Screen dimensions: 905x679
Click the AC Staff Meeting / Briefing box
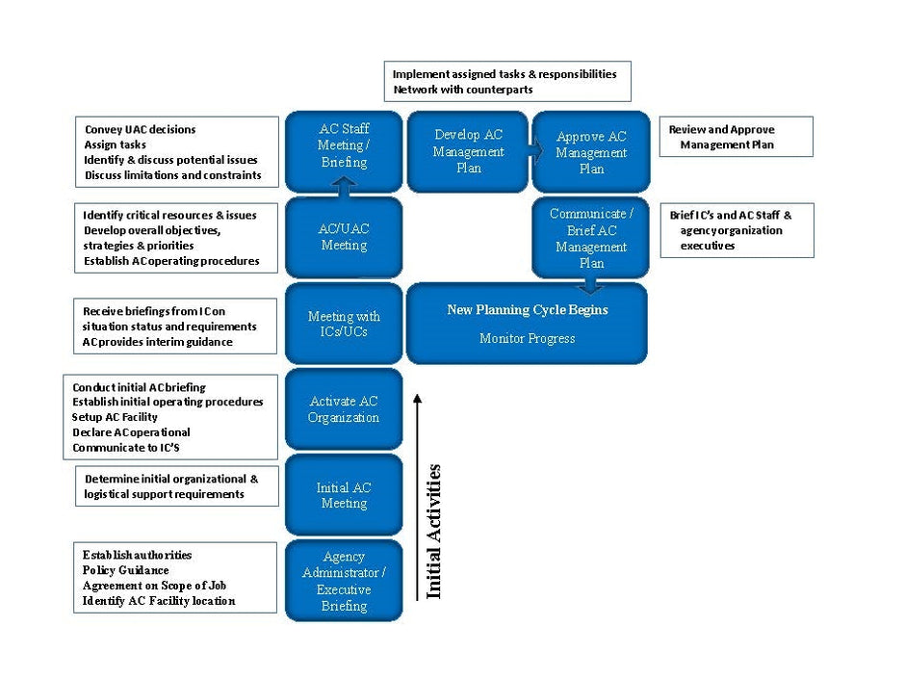(x=344, y=151)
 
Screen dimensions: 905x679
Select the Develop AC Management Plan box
(x=468, y=151)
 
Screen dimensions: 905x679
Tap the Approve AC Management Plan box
(x=591, y=151)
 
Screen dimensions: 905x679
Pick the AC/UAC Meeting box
(x=344, y=237)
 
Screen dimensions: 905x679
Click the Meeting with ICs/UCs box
(x=344, y=324)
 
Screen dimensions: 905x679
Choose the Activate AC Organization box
(x=344, y=408)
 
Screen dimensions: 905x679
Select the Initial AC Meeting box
(x=344, y=495)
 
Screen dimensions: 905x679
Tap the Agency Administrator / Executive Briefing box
(x=344, y=580)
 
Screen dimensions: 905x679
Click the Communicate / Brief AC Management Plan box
(x=590, y=237)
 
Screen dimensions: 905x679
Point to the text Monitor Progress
(x=527, y=338)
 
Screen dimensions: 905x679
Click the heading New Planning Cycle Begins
(x=528, y=310)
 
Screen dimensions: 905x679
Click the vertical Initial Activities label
(x=433, y=532)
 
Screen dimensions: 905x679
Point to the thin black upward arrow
(x=417, y=498)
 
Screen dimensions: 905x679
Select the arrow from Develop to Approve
(x=535, y=151)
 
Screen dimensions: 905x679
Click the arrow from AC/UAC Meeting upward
(x=344, y=187)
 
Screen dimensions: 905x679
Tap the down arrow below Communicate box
(x=590, y=285)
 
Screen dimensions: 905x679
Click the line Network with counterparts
(x=463, y=90)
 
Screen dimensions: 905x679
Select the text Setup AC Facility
(x=115, y=417)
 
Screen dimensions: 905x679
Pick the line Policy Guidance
(x=126, y=570)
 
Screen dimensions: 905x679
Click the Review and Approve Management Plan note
(x=736, y=137)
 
